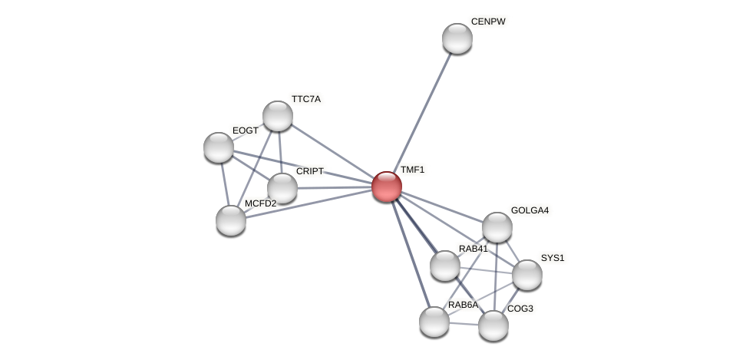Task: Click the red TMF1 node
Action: tap(387, 187)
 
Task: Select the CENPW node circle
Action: tap(457, 38)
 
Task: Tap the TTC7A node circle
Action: tap(278, 116)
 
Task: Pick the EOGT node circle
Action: tap(219, 147)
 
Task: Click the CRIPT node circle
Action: tap(282, 188)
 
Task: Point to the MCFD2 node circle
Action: tap(231, 220)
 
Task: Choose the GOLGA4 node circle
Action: tap(497, 227)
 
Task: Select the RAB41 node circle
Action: tap(445, 266)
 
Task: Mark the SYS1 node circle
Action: tap(527, 275)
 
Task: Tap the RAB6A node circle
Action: tap(434, 322)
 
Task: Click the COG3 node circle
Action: tap(493, 325)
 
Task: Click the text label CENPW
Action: tap(488, 21)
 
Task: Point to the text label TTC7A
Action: tap(305, 99)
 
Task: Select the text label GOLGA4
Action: tap(530, 210)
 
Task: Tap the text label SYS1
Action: tap(552, 258)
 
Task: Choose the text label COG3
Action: tap(520, 309)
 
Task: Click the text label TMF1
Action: tap(412, 170)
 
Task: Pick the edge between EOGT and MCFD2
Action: tap(224, 183)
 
